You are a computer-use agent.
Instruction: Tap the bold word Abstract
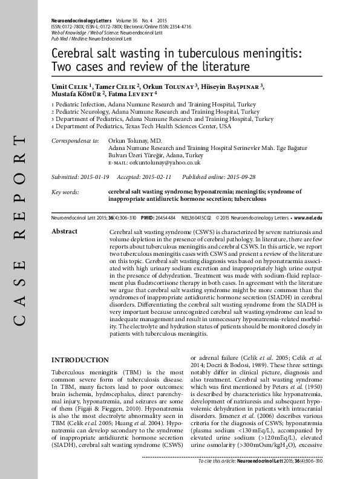65,232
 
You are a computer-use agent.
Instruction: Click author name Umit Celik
71,87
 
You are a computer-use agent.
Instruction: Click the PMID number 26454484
166,217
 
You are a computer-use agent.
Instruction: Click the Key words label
65,192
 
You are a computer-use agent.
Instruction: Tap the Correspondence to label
75,140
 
